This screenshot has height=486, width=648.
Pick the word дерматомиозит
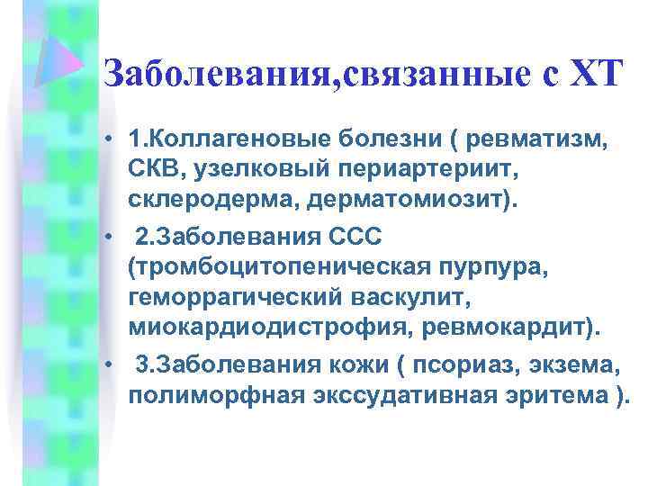point(400,198)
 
